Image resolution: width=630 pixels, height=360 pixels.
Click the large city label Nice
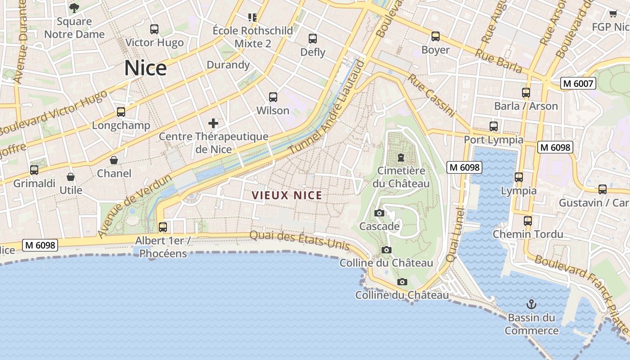coord(145,68)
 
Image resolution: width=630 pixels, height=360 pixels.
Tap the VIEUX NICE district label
coord(287,195)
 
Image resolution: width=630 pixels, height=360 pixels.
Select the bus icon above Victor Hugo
coord(154,30)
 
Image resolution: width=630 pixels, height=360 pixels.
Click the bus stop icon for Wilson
coord(273,97)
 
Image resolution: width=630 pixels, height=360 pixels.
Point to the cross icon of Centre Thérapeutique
coord(213,123)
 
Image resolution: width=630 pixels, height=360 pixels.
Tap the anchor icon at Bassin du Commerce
coord(531,304)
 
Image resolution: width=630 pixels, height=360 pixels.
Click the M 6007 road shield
coord(578,83)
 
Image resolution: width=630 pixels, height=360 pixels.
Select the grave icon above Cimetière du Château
coord(400,157)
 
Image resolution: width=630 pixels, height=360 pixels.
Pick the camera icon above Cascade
coord(379,213)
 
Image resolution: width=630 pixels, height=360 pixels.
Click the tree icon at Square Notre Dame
coord(74,8)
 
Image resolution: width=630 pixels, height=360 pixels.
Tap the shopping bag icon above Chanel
coord(114,160)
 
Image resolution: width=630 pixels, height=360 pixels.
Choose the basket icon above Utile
coord(71,177)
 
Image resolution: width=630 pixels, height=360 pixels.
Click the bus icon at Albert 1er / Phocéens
coord(163,227)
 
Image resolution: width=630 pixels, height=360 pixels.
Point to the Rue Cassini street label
coord(432,95)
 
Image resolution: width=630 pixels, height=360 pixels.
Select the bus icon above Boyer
coord(435,36)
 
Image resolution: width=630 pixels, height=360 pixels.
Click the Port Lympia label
coord(494,139)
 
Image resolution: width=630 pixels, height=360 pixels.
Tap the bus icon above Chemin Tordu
coord(528,221)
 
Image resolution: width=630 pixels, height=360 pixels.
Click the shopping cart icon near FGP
coord(613,14)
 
